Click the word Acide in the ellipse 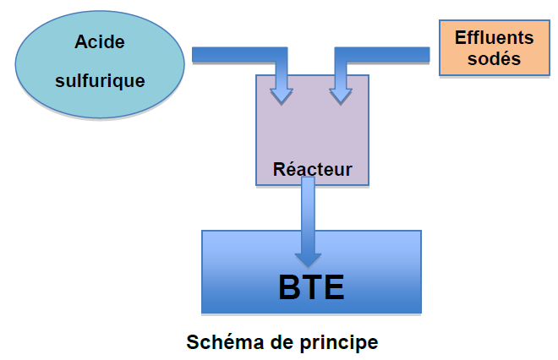pos(100,42)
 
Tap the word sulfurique pos(100,81)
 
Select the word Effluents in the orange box pos(495,38)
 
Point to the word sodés pos(494,58)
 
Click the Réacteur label pos(313,169)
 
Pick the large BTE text pos(311,287)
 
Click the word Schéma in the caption pos(225,342)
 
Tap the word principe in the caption pos(339,343)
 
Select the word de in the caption pos(282,342)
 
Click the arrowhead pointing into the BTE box pos(309,259)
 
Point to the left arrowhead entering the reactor pos(282,96)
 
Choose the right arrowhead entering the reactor pos(341,96)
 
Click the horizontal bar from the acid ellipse pos(239,54)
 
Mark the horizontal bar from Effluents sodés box pos(382,54)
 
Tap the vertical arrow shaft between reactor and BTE pos(309,215)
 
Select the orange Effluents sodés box pos(495,47)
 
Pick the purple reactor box pos(313,130)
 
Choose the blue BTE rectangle pos(311,272)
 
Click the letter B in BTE pos(289,287)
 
